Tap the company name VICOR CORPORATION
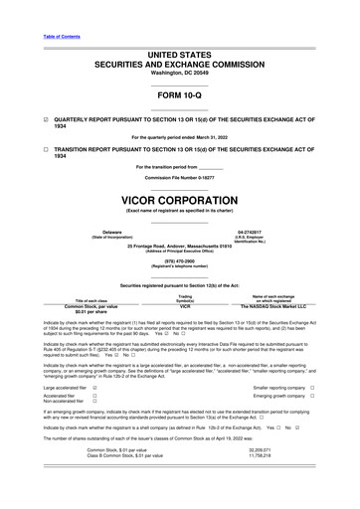(179, 198)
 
